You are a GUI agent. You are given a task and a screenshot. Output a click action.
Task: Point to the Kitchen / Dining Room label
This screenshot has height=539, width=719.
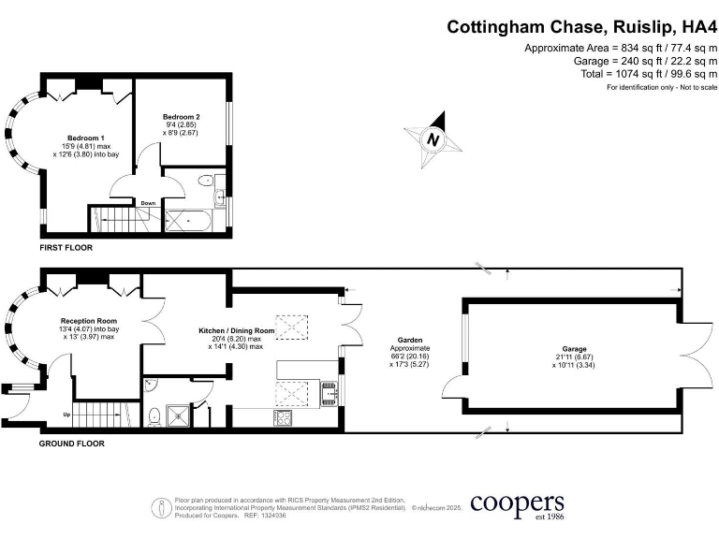coord(236,331)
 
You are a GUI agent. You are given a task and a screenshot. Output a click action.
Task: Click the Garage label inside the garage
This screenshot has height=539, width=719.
coord(567,346)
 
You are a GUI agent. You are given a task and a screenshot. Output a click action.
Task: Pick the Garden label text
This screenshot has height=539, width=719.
coord(407,341)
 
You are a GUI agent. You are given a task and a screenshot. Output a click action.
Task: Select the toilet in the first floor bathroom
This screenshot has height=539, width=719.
coord(219,196)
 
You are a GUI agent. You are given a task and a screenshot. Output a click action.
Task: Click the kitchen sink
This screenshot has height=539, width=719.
coord(328,391)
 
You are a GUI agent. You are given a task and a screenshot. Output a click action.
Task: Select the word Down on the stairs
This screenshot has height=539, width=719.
coord(148,203)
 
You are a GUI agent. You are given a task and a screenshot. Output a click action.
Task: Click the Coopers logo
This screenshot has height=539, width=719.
coord(517,505)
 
